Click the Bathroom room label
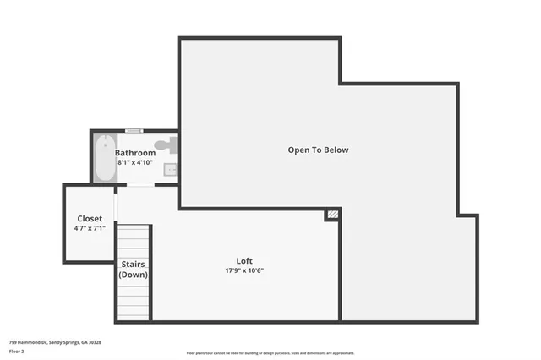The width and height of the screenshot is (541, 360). pyautogui.click(x=135, y=153)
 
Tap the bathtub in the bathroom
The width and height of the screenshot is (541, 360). pyautogui.click(x=105, y=158)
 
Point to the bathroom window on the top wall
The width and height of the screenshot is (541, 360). pyautogui.click(x=134, y=131)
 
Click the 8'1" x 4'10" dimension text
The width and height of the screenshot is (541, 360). pyautogui.click(x=135, y=162)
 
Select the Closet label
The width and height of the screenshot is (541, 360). pyautogui.click(x=90, y=218)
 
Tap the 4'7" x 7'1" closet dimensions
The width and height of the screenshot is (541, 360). pyautogui.click(x=90, y=228)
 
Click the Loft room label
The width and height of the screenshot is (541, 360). pyautogui.click(x=243, y=260)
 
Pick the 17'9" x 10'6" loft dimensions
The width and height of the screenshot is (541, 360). pyautogui.click(x=243, y=270)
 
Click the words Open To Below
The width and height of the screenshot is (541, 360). pyautogui.click(x=318, y=150)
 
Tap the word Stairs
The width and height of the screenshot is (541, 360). pyautogui.click(x=133, y=265)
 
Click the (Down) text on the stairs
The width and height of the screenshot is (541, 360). pyautogui.click(x=133, y=275)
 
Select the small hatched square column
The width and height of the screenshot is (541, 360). pyautogui.click(x=332, y=215)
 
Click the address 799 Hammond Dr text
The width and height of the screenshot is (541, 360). pyautogui.click(x=55, y=342)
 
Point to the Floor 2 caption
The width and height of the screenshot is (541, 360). pyautogui.click(x=17, y=350)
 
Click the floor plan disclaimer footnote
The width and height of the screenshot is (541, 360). pyautogui.click(x=270, y=353)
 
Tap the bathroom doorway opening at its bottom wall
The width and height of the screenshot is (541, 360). pyautogui.click(x=140, y=184)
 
